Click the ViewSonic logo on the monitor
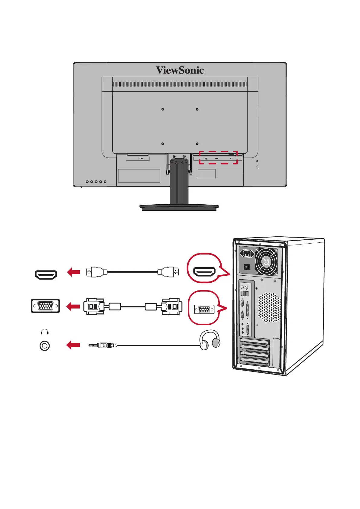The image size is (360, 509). [180, 70]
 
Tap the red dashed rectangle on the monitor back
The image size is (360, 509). [218, 158]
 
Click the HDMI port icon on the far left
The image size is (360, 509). [46, 275]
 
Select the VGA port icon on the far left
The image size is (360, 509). [45, 306]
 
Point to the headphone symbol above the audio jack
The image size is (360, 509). [44, 332]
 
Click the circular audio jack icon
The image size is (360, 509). [44, 345]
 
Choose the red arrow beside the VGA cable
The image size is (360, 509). [73, 306]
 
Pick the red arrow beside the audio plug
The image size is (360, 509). [73, 345]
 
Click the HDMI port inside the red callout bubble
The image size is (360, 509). [204, 272]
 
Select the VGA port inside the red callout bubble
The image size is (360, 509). [204, 310]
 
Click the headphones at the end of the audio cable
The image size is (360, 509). [210, 340]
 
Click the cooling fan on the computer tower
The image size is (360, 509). [266, 262]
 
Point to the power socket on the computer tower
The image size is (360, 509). [247, 253]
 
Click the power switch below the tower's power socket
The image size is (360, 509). [247, 267]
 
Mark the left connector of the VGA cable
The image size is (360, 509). [94, 306]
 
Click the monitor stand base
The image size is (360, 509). [179, 207]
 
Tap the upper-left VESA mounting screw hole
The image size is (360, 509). [163, 109]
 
